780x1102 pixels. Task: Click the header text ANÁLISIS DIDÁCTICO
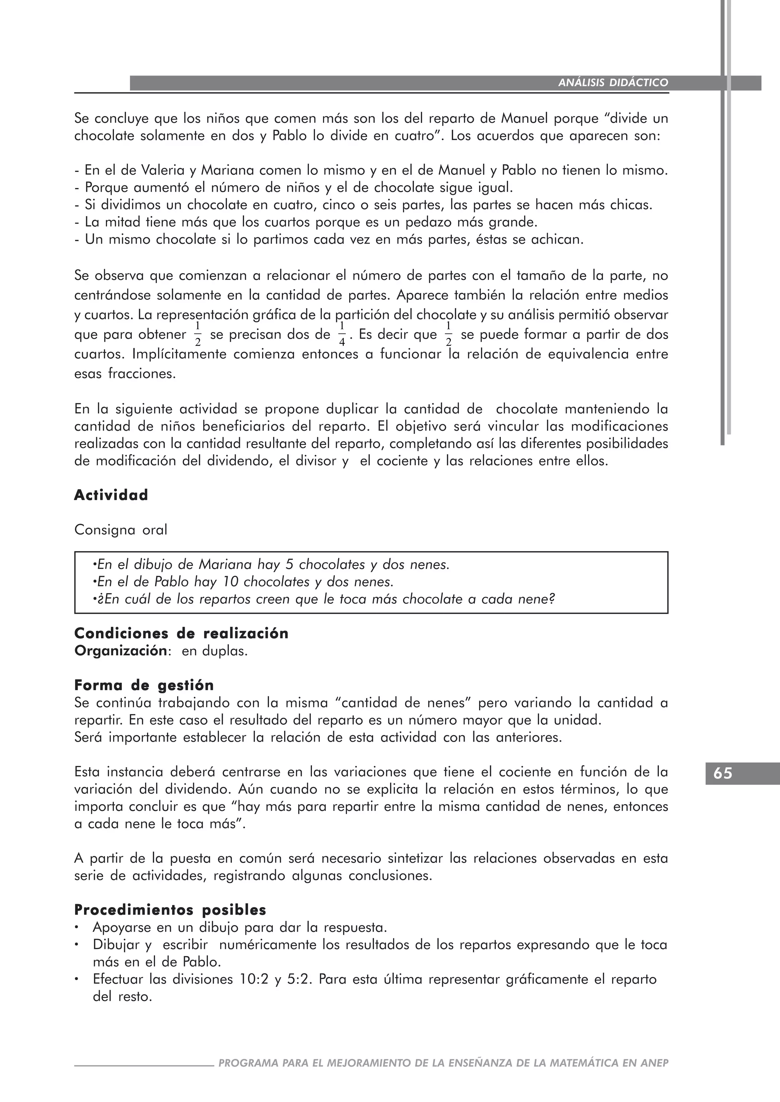(613, 83)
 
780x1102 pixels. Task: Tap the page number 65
(723, 773)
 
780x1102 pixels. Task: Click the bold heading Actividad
(111, 495)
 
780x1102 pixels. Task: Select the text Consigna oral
(121, 530)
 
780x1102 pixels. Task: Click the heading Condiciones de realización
(181, 634)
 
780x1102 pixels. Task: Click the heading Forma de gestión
(144, 685)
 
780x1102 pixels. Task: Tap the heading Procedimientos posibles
(170, 909)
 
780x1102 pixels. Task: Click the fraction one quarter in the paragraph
(342, 334)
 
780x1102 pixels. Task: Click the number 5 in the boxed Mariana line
(289, 564)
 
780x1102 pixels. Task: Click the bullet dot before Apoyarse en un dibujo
(77, 927)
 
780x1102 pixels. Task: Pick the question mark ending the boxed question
(551, 599)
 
